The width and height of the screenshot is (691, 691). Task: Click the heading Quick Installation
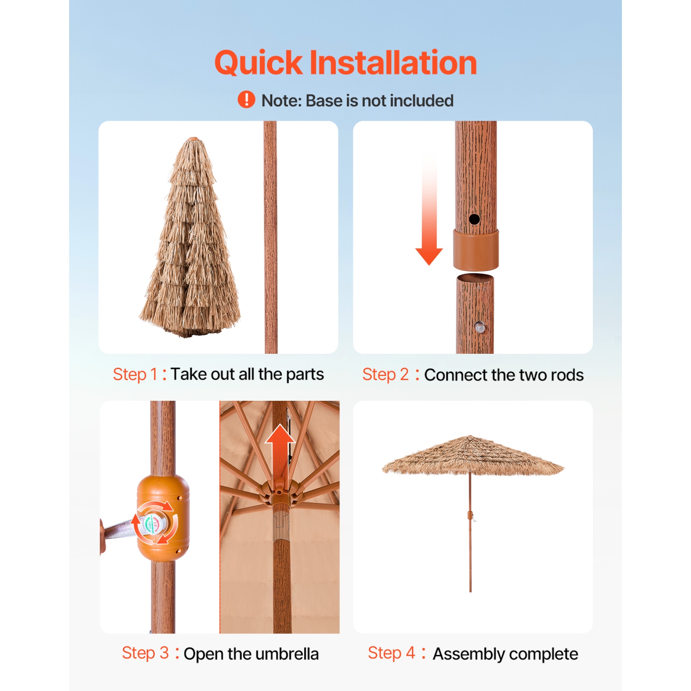tap(345, 63)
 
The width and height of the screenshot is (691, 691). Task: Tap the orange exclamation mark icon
tap(246, 100)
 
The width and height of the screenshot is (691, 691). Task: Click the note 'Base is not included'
tap(357, 101)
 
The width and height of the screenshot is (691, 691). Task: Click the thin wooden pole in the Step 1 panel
tap(271, 237)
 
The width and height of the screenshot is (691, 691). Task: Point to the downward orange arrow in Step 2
tap(429, 217)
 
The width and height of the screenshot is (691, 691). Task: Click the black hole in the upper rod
tap(474, 219)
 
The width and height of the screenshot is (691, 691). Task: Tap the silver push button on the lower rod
tap(480, 328)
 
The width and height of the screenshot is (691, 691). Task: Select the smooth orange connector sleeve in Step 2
tap(475, 250)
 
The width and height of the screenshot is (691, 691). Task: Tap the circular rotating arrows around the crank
tap(155, 523)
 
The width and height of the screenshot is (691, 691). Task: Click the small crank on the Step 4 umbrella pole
tap(471, 516)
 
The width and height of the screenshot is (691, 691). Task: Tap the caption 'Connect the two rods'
tap(504, 375)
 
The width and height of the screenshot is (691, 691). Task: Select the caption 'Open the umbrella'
tap(251, 654)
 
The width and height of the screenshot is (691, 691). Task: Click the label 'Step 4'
tap(391, 653)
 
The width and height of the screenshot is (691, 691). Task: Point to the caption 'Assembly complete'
tap(505, 654)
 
